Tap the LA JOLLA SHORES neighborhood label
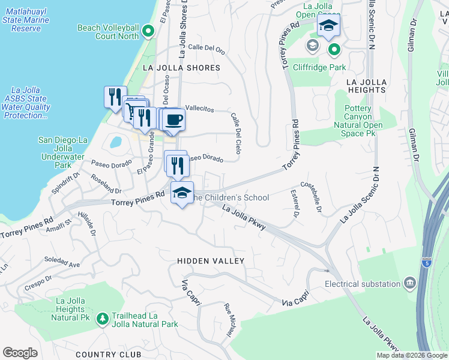[x=181, y=68]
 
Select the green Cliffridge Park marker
[x=334, y=50]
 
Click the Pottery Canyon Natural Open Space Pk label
[x=362, y=121]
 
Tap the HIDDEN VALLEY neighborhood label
[x=211, y=261]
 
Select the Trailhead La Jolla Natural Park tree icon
[x=103, y=317]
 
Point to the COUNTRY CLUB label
[x=109, y=355]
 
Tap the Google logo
[x=20, y=353]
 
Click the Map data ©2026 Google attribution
[x=412, y=355]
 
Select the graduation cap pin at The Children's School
[x=182, y=193]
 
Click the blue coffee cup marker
[x=173, y=119]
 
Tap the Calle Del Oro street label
[x=206, y=48]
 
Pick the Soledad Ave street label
[x=62, y=263]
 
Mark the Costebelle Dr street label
[x=315, y=197]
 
